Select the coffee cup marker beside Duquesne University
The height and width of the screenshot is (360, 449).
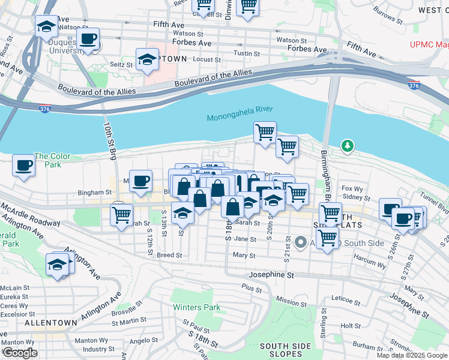tap(89, 40)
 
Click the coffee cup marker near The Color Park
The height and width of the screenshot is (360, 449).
tap(24, 165)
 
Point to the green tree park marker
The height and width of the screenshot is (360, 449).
tap(346, 145)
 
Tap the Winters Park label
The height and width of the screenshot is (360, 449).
tap(196, 307)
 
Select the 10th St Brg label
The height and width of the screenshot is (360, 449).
tap(109, 141)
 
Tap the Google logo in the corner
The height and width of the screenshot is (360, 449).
tap(20, 353)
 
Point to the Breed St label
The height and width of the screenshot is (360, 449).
tap(169, 255)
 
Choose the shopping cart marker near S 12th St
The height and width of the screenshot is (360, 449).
tap(122, 214)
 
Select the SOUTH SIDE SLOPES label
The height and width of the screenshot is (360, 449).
tap(285, 350)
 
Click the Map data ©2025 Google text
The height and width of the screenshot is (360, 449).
tap(412, 355)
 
